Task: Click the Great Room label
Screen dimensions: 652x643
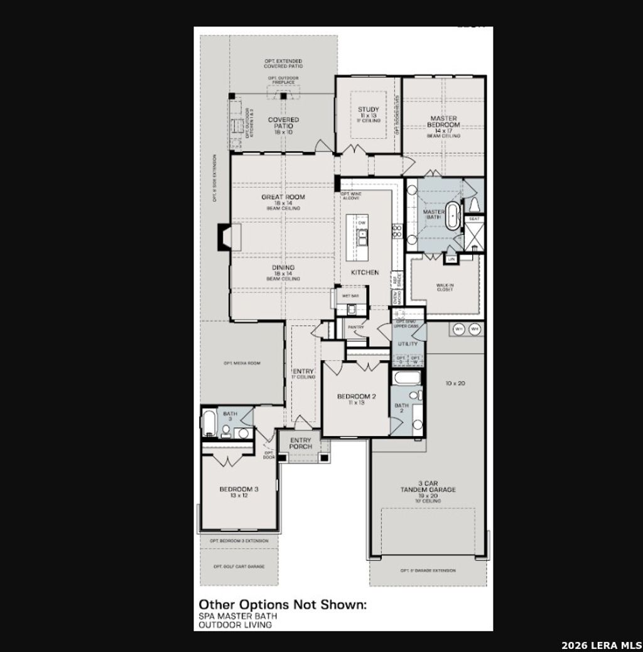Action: point(283,197)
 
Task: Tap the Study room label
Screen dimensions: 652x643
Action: point(369,110)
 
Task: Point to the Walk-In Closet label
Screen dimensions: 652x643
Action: point(445,288)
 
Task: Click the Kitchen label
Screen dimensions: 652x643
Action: point(365,272)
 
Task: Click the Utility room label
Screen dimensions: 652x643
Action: point(408,344)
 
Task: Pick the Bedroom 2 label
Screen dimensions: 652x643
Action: point(356,396)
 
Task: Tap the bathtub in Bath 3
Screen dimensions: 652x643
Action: point(210,424)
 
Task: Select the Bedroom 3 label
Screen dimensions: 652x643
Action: point(239,489)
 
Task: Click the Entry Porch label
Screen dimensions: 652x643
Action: point(300,443)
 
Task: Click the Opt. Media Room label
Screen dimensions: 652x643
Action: point(242,364)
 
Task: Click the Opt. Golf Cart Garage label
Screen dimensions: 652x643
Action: point(239,566)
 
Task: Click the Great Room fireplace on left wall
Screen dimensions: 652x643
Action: point(224,238)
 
